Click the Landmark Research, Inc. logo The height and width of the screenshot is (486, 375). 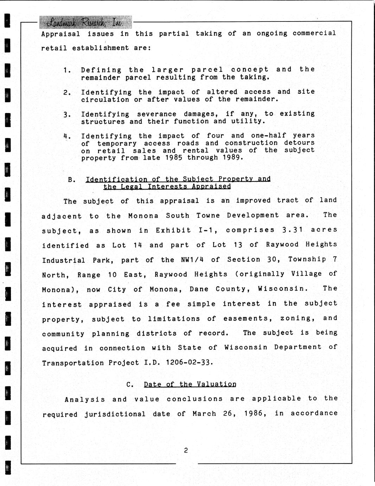[x=85, y=23]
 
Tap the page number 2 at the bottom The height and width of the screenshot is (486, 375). [x=186, y=450]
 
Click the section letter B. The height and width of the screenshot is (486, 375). [x=71, y=180]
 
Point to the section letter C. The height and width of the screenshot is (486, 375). [x=130, y=385]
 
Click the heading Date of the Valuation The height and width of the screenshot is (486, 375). [x=190, y=384]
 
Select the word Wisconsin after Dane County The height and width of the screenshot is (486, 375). [x=282, y=289]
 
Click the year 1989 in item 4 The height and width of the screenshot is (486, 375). [x=232, y=157]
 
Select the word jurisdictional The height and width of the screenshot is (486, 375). [x=115, y=414]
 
